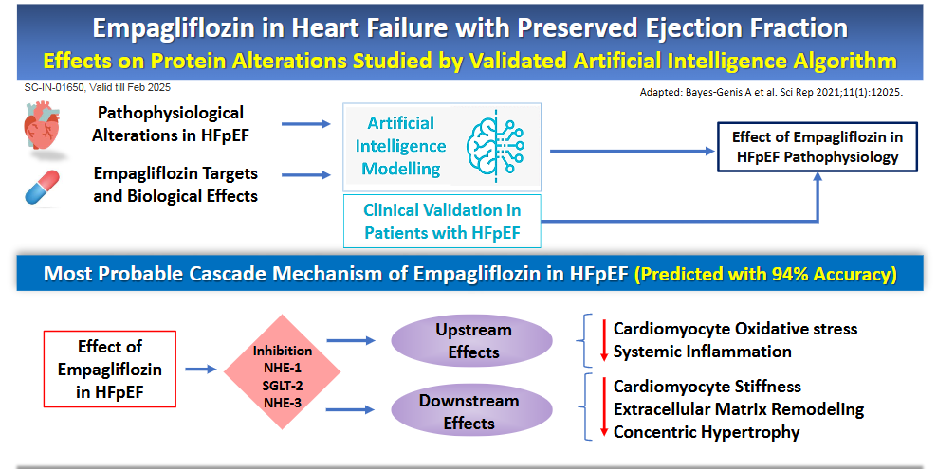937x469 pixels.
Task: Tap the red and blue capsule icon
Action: (x=45, y=187)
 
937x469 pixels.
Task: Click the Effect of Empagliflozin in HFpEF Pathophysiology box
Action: (x=817, y=147)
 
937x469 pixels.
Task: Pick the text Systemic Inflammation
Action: (x=702, y=352)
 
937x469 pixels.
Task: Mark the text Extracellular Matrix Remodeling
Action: (x=738, y=409)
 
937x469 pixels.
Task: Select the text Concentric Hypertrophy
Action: (x=707, y=432)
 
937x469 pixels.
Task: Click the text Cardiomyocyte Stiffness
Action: (x=707, y=387)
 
